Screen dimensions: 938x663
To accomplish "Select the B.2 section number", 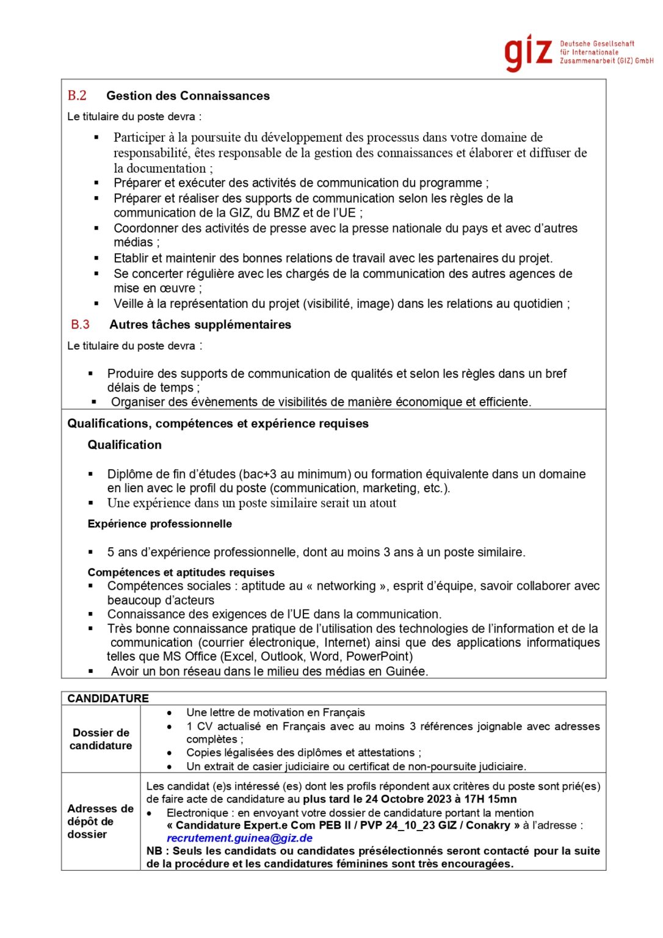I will tap(77, 96).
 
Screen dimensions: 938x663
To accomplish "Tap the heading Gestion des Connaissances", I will tap(187, 96).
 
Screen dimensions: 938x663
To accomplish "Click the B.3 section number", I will tap(80, 325).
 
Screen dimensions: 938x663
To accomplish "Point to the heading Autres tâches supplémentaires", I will tap(200, 325).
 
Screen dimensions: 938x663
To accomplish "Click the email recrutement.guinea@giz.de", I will tap(239, 838).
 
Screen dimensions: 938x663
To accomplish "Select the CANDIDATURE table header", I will tap(108, 698).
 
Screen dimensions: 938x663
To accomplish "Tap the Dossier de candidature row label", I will tap(101, 739).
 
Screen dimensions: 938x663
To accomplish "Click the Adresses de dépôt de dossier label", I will tap(100, 821).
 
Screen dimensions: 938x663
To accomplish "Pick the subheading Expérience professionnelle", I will tap(160, 524).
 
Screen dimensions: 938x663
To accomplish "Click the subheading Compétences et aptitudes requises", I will tap(181, 572).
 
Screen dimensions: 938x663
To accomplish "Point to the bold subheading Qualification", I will tap(125, 445).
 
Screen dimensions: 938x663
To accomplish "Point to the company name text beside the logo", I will tap(606, 53).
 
